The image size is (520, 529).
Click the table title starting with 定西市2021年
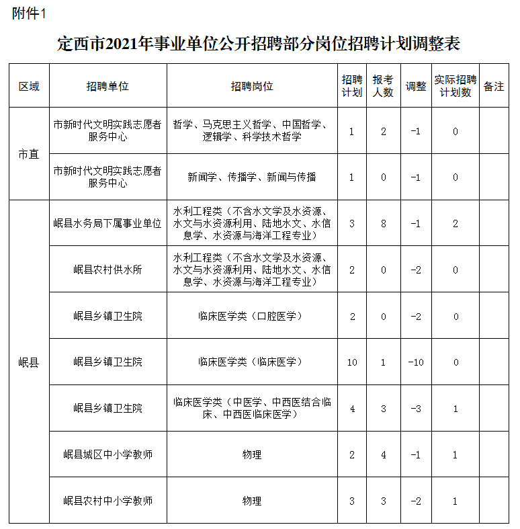[259, 45]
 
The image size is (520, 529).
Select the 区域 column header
[29, 87]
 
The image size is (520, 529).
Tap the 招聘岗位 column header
[252, 87]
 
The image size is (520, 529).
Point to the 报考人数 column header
[383, 87]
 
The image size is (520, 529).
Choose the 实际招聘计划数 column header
[456, 87]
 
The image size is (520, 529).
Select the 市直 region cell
[29, 155]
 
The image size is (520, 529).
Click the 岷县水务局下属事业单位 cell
[107, 224]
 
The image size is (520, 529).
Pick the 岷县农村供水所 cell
[107, 270]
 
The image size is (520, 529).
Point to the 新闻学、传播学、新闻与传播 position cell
[252, 177]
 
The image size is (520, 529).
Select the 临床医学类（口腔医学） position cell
[252, 316]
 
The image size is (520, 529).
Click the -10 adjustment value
[416, 362]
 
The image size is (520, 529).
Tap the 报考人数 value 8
[384, 224]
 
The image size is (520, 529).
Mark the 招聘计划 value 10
[352, 362]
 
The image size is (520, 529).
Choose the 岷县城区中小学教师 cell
[107, 455]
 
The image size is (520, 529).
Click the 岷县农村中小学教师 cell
[107, 501]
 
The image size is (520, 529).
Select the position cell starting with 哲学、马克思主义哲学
[252, 131]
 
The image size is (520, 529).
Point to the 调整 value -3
[416, 409]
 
